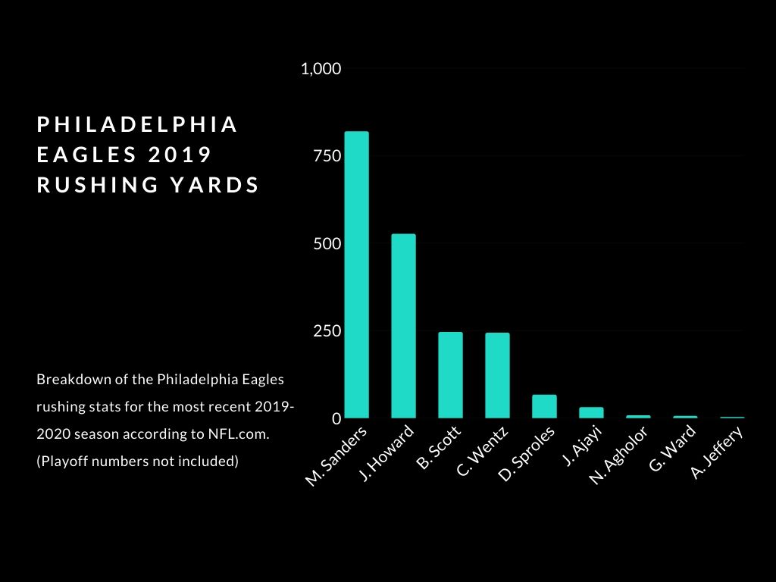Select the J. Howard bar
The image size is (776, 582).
[404, 326]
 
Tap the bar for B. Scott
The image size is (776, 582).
[450, 375]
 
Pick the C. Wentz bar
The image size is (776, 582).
[497, 376]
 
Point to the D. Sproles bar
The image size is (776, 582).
[544, 406]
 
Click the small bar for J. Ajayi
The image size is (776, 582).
[591, 412]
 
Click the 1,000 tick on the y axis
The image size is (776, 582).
[321, 69]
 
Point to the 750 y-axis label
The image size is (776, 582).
[328, 156]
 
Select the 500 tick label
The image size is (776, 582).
[328, 244]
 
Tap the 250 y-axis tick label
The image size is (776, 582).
[328, 331]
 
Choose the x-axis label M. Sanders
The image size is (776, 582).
[337, 455]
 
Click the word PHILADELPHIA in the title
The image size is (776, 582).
[138, 125]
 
